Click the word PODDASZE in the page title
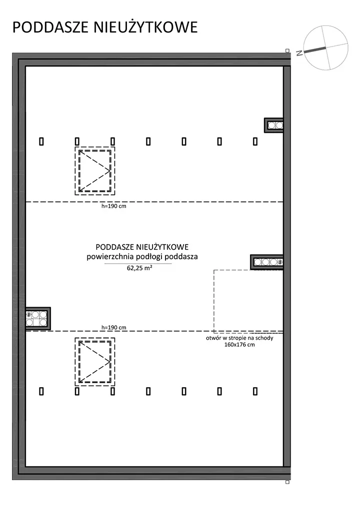click(51, 27)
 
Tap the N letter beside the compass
click(299, 53)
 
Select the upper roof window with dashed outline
click(95, 171)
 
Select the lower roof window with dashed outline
click(95, 362)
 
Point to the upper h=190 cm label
click(114, 206)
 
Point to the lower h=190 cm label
click(114, 327)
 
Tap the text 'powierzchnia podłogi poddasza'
click(142, 257)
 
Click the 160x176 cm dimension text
click(239, 345)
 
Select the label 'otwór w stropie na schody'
click(239, 338)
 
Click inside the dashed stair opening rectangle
click(248, 300)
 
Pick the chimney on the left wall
click(38, 319)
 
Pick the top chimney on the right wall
click(273, 125)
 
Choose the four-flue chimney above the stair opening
click(267, 262)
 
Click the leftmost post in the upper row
click(41, 141)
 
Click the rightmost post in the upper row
click(255, 141)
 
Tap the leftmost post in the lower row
click(41, 392)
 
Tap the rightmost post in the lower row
click(255, 392)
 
